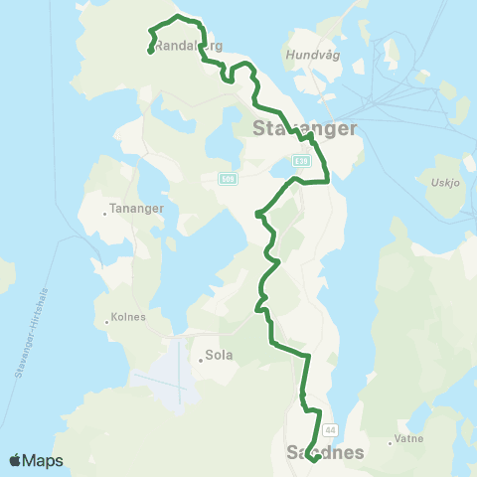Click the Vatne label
[409, 437]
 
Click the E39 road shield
[302, 161]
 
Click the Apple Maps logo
[36, 460]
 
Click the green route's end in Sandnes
[311, 460]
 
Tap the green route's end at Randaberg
[150, 52]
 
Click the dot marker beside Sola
[200, 360]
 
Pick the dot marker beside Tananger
[105, 213]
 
